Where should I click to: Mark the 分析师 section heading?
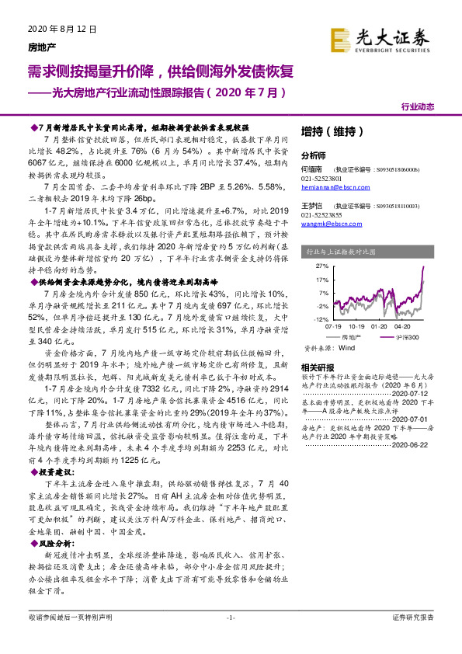[x=314, y=155]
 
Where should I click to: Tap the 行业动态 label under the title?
[x=417, y=106]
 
